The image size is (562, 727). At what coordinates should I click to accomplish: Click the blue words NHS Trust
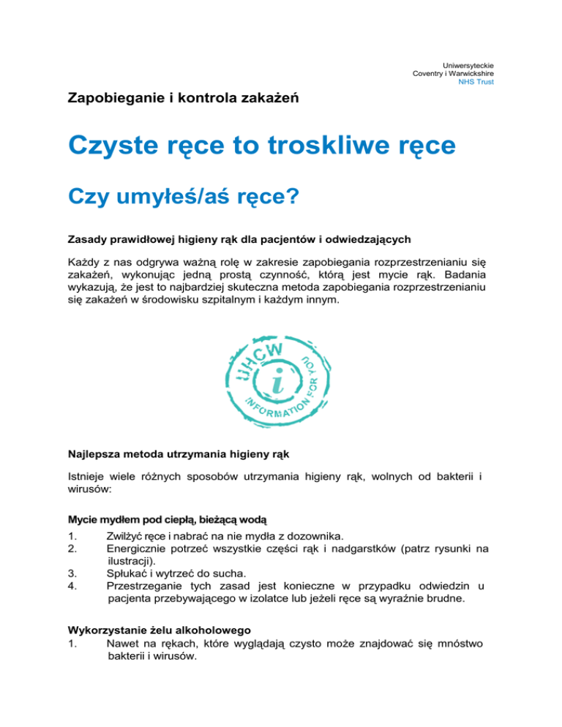(x=476, y=82)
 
